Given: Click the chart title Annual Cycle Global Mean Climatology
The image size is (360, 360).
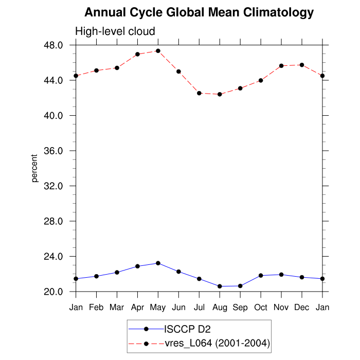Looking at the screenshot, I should coord(199,12).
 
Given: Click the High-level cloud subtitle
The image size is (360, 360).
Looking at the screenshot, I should coord(115,32).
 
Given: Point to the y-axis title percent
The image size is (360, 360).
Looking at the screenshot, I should coord(34,168).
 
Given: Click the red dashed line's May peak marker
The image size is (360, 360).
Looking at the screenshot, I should coord(158,51).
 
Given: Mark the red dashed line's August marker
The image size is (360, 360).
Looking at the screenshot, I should coord(220,94).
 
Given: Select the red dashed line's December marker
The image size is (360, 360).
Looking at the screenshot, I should coord(302,65).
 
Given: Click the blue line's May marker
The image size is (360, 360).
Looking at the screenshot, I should coord(158,263).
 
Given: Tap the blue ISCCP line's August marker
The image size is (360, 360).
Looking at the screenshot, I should coord(220,286).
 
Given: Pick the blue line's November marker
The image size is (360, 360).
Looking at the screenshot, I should coord(281,275).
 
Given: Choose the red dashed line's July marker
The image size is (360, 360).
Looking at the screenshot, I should coord(199,93).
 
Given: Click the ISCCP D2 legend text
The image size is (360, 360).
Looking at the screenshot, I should coord(187,330).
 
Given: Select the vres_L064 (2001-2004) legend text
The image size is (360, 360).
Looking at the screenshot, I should coord(217,343).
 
